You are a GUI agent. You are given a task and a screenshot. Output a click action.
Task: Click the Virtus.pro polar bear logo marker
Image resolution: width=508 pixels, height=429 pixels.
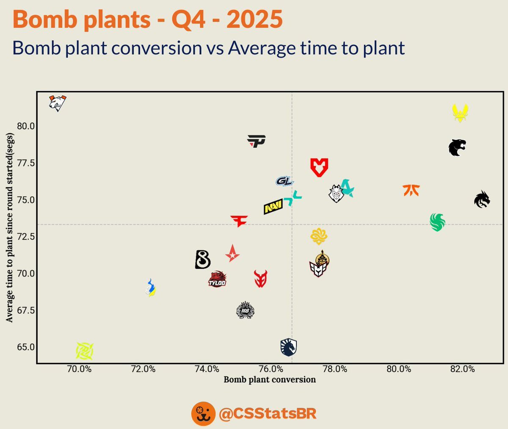click(58, 103)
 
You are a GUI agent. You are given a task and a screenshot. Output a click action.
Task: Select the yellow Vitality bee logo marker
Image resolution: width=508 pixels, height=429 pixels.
click(460, 113)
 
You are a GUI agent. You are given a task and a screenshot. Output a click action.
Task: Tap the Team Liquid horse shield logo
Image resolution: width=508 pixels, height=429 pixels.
click(289, 347)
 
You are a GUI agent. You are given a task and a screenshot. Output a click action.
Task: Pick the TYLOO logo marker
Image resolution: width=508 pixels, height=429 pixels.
click(217, 279)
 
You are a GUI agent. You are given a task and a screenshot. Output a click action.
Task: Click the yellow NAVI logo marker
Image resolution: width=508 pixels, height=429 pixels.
click(273, 207)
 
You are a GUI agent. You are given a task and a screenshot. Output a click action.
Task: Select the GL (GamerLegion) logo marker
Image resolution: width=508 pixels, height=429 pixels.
click(284, 181)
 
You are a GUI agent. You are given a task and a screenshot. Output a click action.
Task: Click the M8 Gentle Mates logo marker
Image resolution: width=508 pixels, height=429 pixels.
click(245, 310)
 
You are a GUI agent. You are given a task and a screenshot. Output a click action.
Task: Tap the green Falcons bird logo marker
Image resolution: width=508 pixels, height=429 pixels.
click(437, 222)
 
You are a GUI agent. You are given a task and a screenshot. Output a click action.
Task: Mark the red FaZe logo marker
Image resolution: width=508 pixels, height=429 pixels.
click(239, 221)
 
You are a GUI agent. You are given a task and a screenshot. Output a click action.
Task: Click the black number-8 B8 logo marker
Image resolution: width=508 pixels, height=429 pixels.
click(203, 260)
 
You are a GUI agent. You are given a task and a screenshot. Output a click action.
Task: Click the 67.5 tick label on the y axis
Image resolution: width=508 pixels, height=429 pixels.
click(26, 311)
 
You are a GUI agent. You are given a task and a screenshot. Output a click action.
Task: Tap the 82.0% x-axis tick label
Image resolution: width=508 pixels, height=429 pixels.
click(463, 369)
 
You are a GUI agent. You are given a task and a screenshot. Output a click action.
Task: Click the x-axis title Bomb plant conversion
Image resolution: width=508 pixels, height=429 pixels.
click(270, 379)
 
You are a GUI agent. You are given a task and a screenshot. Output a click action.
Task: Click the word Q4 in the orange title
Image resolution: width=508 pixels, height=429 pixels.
click(188, 19)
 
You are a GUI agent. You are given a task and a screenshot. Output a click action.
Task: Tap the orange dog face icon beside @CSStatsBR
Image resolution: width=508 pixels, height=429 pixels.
click(203, 414)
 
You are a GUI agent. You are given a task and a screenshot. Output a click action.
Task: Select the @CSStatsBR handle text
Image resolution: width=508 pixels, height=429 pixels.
click(268, 413)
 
